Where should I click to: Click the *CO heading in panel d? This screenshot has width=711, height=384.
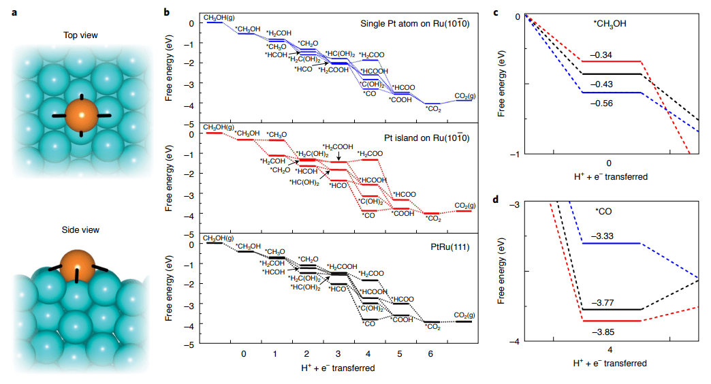tap(603, 212)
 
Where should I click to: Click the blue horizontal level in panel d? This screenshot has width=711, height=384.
tap(612, 243)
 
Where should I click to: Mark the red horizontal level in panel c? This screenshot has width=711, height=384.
tap(612, 61)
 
